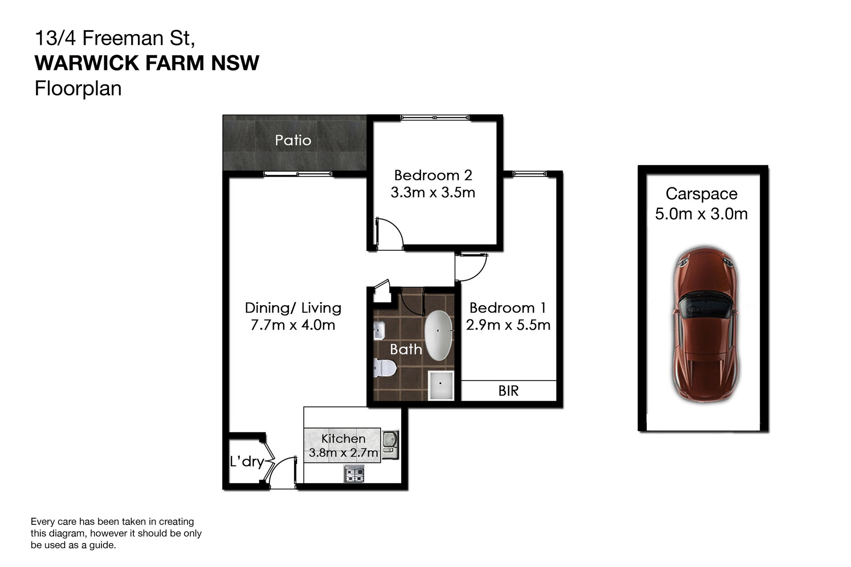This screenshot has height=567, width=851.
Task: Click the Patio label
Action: point(293,140)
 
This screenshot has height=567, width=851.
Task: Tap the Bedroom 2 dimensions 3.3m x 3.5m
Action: point(433,193)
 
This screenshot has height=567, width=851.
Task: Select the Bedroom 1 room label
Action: point(508,308)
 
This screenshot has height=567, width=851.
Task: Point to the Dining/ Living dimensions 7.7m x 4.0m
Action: point(293,325)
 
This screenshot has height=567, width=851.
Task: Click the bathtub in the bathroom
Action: point(438,335)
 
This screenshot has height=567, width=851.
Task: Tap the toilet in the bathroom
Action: point(384,368)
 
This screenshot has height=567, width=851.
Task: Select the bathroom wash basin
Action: point(379,331)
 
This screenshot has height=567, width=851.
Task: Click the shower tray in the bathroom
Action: point(441,385)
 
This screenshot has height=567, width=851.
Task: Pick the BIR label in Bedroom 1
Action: point(508,391)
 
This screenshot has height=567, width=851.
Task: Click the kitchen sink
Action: point(390,445)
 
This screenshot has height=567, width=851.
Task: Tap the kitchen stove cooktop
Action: point(354,474)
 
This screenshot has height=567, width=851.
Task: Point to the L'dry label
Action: point(247,462)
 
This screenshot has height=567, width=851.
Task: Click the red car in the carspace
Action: point(705,325)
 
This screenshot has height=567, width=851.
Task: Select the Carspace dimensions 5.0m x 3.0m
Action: point(702,214)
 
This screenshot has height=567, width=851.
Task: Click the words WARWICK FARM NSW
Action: point(147,63)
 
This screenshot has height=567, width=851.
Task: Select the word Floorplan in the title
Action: point(78,88)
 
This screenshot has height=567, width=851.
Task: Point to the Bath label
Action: point(406,350)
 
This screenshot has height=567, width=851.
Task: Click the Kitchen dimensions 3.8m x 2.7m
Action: point(344,453)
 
